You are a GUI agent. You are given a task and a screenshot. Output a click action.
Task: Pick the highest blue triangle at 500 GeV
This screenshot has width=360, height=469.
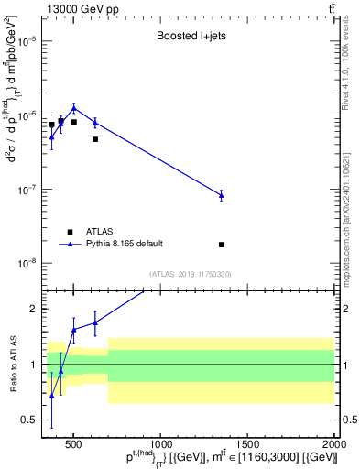tap(74, 107)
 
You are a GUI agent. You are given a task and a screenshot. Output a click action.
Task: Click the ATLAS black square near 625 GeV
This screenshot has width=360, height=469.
tap(95, 139)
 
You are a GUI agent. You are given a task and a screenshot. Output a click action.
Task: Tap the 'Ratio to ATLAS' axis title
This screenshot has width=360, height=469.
tap(11, 365)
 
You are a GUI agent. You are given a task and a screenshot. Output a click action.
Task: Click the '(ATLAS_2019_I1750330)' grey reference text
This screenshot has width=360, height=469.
tap(191, 274)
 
